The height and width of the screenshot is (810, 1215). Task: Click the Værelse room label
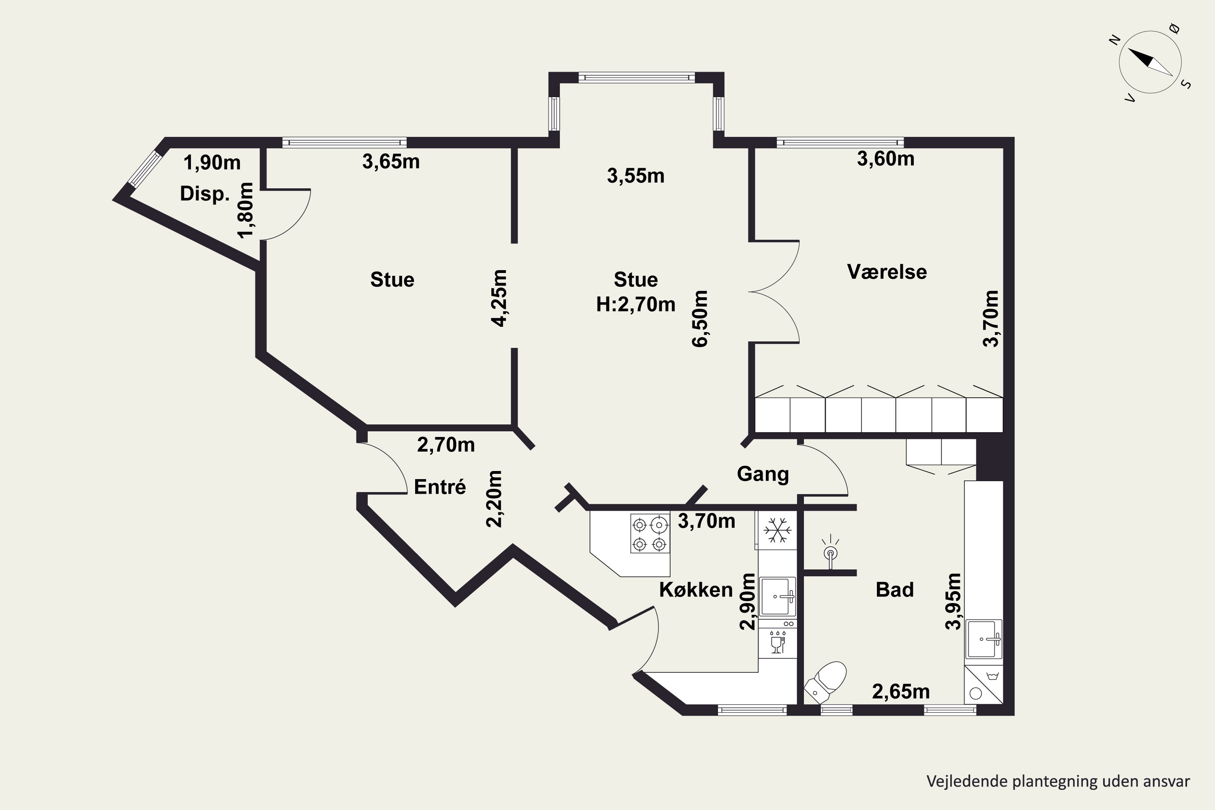(887, 272)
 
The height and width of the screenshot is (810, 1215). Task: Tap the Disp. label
(205, 194)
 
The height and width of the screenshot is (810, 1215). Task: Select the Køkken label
(696, 589)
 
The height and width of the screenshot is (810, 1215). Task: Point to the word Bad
(895, 589)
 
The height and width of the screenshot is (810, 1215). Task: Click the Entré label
(440, 487)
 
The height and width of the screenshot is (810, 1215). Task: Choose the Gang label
(763, 474)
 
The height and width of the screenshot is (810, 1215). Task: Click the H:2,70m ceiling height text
(636, 304)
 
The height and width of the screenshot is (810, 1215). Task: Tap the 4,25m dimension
(499, 298)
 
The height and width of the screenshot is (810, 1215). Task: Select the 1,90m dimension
(212, 163)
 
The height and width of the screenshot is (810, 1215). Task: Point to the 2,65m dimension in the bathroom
(901, 691)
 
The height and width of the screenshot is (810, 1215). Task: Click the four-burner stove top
(650, 533)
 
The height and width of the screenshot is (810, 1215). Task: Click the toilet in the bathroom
(826, 682)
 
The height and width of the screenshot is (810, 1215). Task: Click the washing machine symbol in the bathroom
(983, 684)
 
